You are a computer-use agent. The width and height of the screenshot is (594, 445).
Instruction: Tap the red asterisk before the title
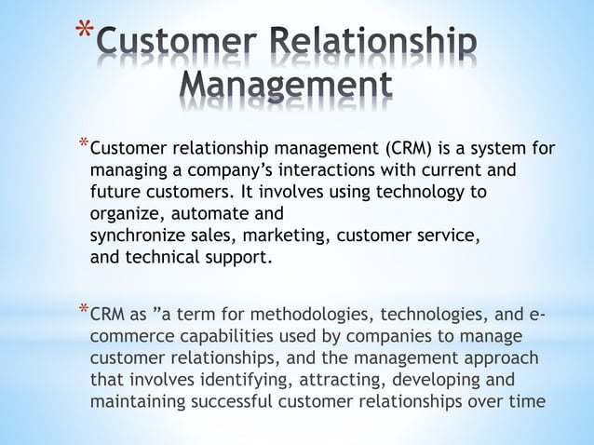pos(85,34)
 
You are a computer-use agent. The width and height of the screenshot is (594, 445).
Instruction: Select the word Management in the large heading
pos(284,89)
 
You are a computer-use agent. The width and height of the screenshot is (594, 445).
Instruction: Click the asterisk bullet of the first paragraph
pos(84,142)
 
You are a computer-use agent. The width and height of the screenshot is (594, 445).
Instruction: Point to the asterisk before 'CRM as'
pos(84,307)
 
